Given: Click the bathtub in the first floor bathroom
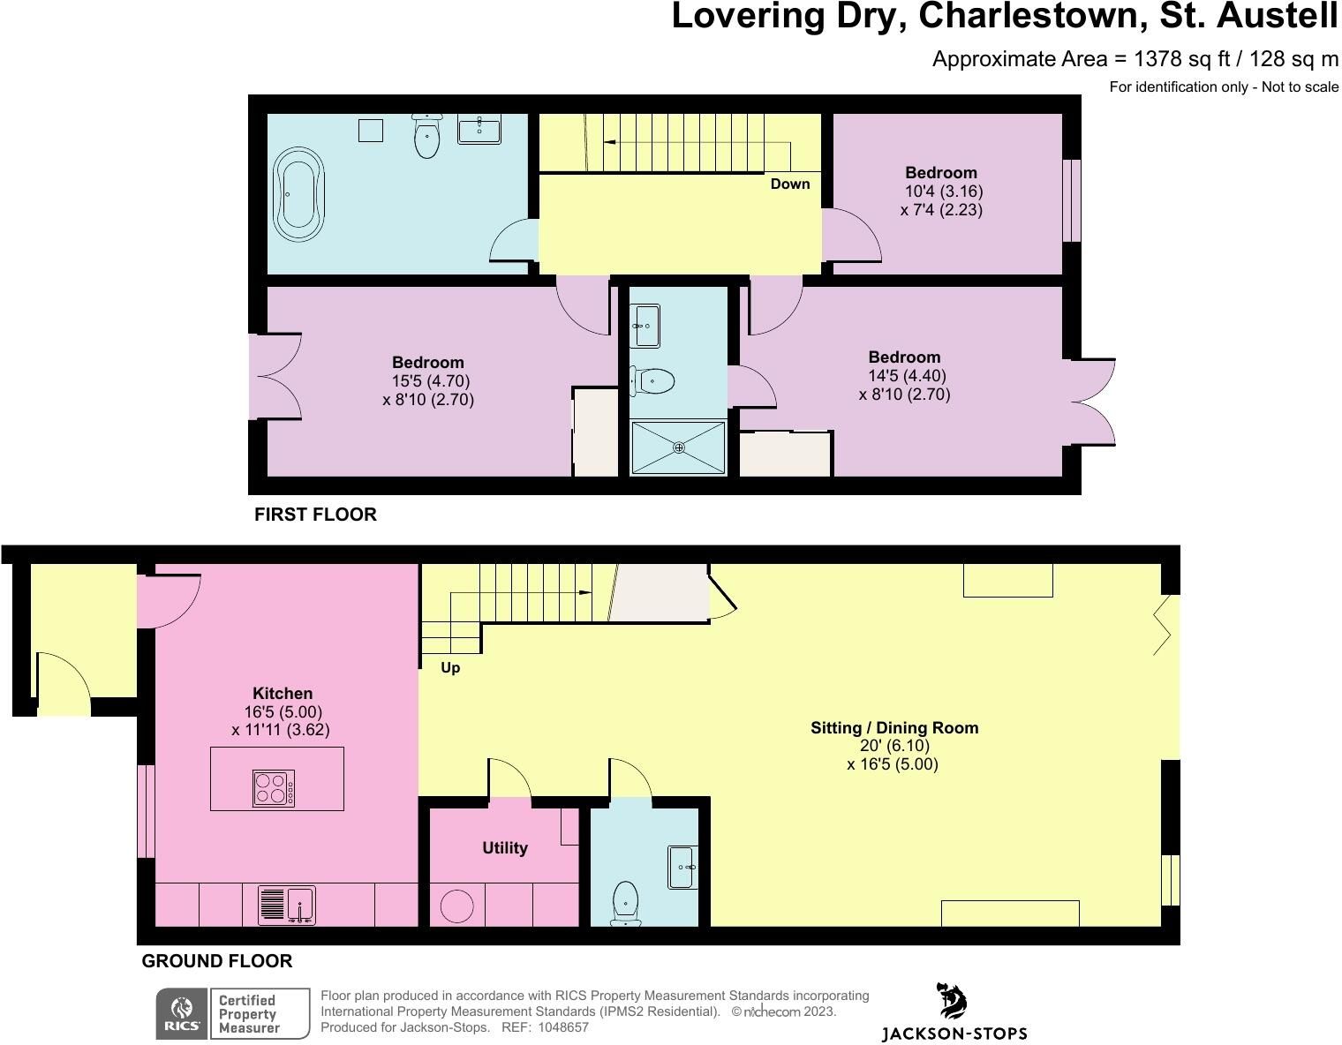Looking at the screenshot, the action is click(299, 194).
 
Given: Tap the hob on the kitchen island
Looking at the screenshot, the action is click(274, 787).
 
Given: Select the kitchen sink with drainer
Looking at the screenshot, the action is click(287, 905).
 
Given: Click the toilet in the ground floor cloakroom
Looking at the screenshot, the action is click(626, 904).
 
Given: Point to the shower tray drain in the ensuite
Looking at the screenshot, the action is click(679, 448).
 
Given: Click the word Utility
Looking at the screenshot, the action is click(504, 847).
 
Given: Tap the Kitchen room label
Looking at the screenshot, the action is click(283, 693).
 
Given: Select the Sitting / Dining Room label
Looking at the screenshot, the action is click(894, 728).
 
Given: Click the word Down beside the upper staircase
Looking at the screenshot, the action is click(790, 184).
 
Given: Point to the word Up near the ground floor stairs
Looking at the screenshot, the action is click(450, 668).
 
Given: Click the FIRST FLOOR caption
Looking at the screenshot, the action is click(315, 515).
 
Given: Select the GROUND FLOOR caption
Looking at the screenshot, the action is click(217, 960).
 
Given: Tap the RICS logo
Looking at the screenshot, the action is click(182, 1013).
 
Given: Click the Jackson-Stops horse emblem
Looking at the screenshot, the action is click(952, 1000).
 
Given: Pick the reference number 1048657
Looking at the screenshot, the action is click(563, 1027).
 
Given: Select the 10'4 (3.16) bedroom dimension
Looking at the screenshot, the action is click(944, 191).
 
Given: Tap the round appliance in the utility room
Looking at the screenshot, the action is click(457, 906).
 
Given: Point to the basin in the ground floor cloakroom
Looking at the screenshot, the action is click(682, 867).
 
